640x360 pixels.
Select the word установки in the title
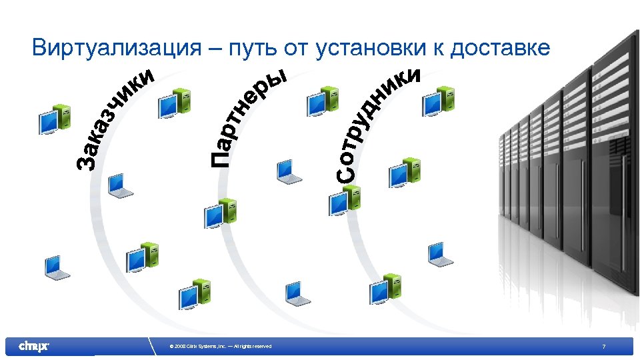(x=374, y=48)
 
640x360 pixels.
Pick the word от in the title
(x=296, y=48)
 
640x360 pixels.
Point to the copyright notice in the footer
(x=221, y=346)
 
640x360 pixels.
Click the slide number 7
(x=603, y=346)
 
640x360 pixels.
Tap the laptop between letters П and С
(x=289, y=171)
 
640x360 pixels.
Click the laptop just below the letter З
(x=121, y=185)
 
